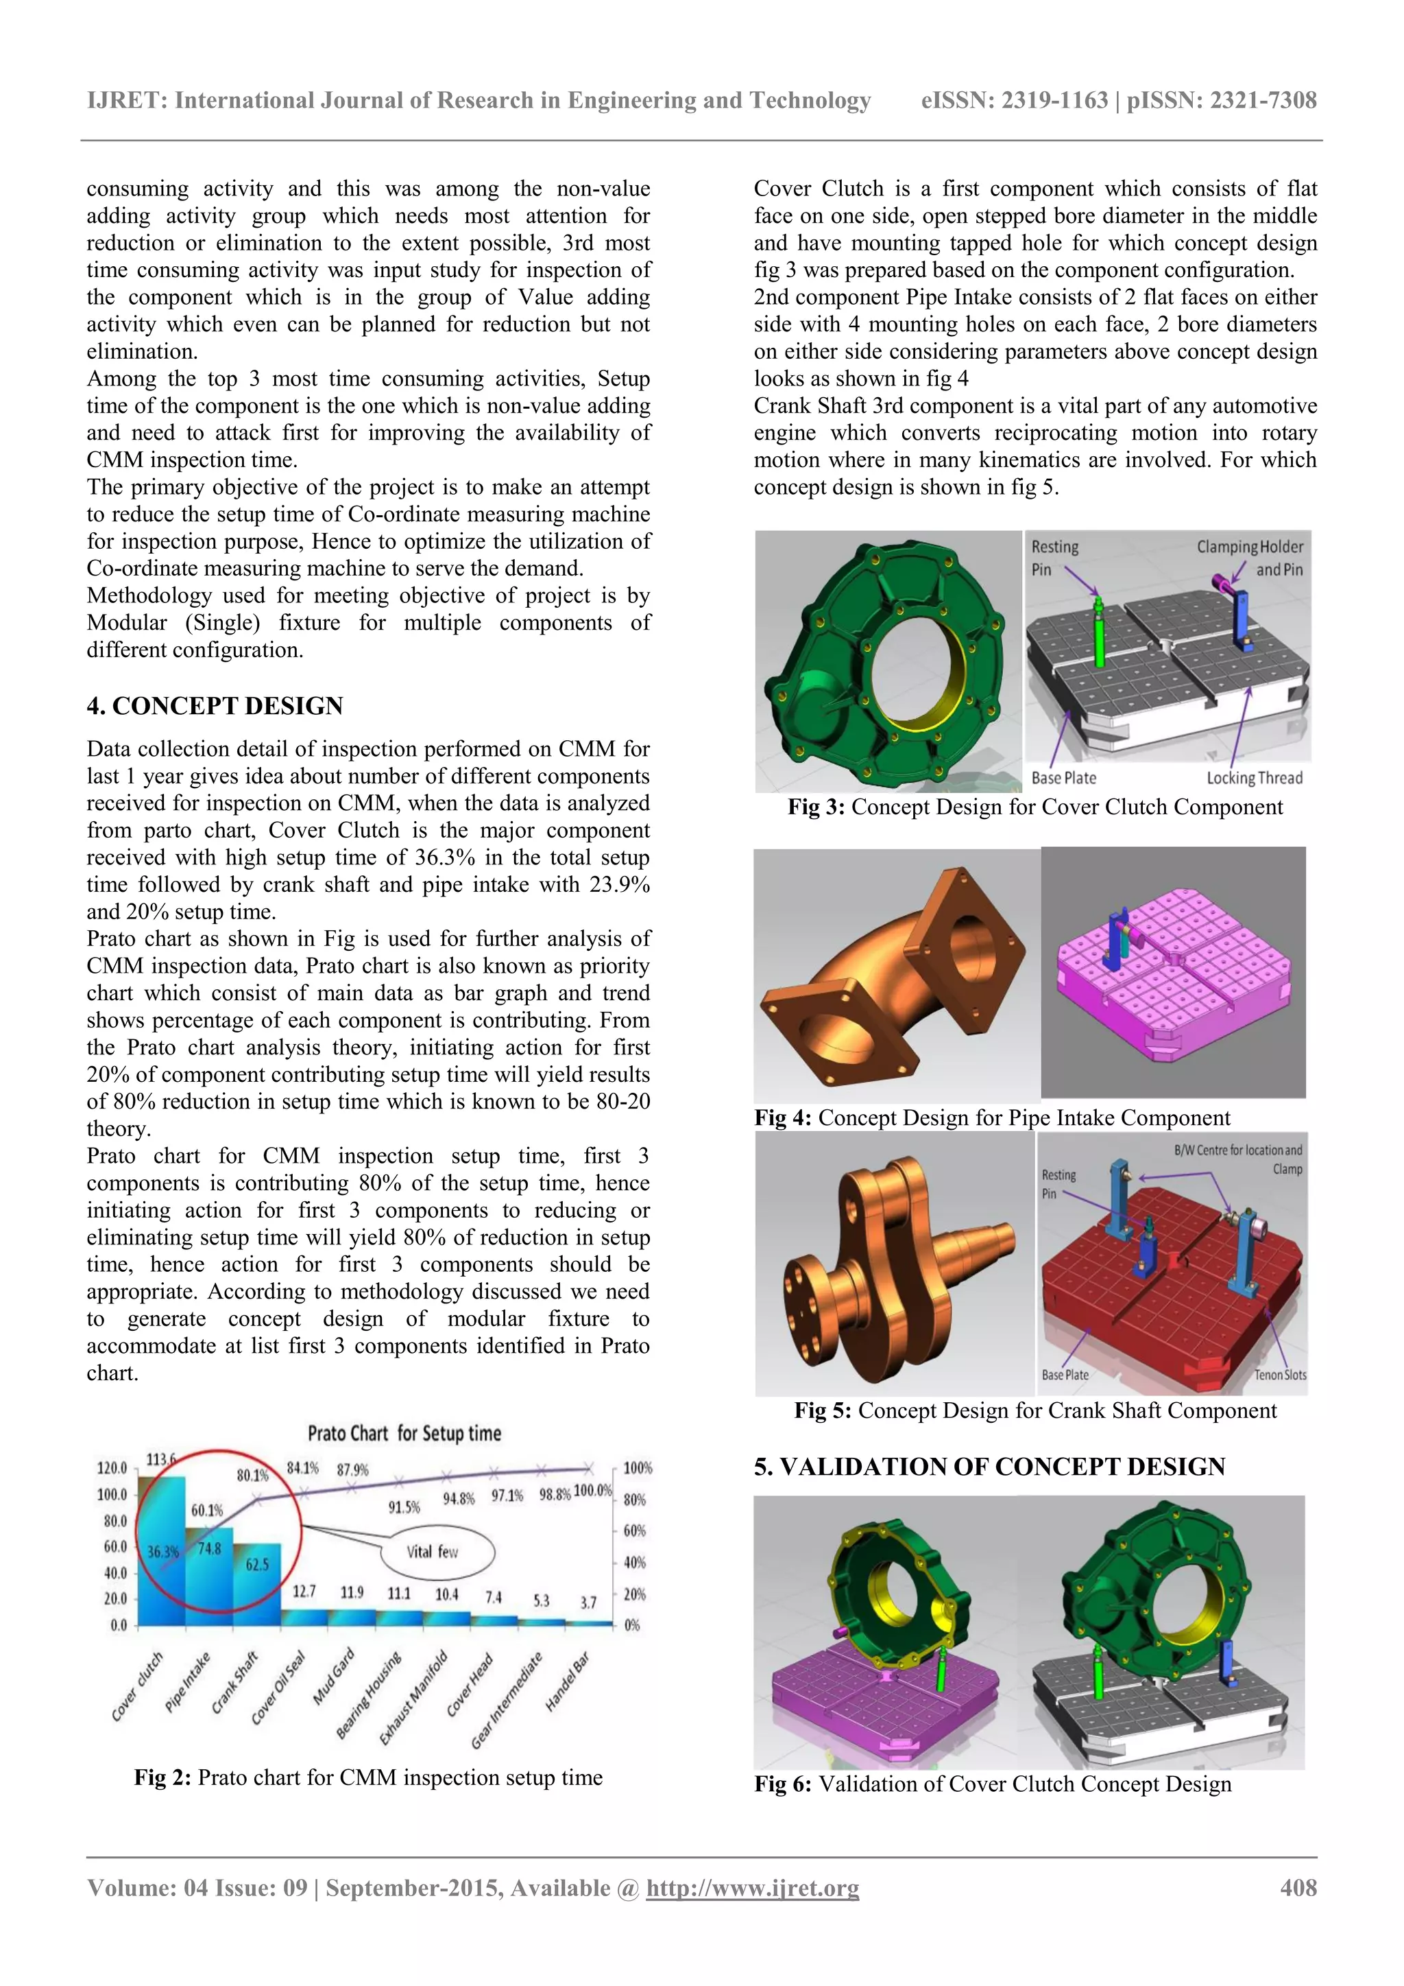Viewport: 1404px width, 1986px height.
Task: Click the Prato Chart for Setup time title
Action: [404, 1433]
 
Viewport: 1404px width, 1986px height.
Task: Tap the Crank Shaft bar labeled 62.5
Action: [257, 1583]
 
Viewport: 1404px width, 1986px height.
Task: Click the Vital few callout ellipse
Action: [437, 1552]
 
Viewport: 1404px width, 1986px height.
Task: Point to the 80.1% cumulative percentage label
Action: [252, 1475]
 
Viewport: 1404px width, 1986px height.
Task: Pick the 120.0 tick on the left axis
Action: [112, 1469]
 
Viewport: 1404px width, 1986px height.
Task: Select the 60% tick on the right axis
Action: [635, 1531]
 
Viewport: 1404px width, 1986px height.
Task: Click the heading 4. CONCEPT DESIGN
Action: [215, 706]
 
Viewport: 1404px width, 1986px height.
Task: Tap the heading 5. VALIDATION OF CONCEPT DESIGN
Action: [989, 1467]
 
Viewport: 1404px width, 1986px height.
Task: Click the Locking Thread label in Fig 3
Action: [1254, 778]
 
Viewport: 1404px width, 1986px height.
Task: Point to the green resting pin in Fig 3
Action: [1098, 631]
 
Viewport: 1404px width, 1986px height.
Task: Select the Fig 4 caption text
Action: [991, 1118]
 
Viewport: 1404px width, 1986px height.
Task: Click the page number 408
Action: [1298, 1887]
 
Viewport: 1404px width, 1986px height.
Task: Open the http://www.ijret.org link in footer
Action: [752, 1887]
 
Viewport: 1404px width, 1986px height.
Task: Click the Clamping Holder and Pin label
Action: [1250, 558]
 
